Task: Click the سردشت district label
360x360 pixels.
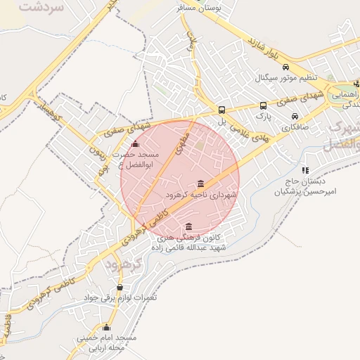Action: click(x=42, y=8)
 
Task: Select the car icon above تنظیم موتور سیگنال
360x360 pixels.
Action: click(x=285, y=67)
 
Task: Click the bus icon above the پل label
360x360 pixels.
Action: click(x=222, y=110)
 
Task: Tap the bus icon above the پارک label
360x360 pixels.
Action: click(x=263, y=105)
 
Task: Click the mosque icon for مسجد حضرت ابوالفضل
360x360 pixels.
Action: click(x=136, y=144)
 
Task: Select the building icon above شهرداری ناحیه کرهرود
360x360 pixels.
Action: click(x=201, y=184)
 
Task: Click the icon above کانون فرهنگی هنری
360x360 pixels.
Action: click(x=188, y=226)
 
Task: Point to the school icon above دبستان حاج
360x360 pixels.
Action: click(x=304, y=169)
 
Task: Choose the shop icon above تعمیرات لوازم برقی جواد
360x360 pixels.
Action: click(x=120, y=287)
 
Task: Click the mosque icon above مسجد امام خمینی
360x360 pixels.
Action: click(x=107, y=327)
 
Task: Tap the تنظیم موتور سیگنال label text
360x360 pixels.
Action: click(x=285, y=77)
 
